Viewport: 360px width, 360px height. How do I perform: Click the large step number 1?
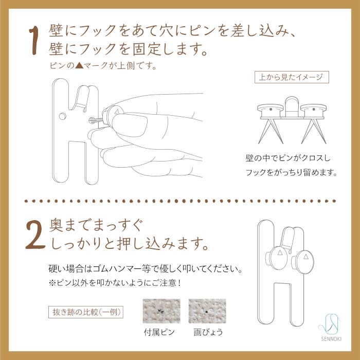point(34,41)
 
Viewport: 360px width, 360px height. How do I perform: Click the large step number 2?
point(35,236)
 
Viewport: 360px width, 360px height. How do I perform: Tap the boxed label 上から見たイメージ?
point(292,77)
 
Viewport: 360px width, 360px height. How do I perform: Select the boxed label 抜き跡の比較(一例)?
point(86,312)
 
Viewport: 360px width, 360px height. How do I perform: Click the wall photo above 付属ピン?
point(161,311)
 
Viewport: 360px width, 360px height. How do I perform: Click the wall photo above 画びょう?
point(207,311)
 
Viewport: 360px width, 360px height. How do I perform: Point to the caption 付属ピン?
point(159,332)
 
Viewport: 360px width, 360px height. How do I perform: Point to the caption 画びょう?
point(208,332)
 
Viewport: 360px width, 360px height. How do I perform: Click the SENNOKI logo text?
point(331,339)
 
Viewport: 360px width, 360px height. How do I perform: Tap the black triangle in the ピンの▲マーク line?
point(79,66)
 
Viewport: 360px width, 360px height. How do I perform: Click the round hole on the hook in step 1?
point(62,116)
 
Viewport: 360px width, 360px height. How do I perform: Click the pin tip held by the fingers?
point(91,120)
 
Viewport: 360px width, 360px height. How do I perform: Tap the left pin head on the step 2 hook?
point(278,258)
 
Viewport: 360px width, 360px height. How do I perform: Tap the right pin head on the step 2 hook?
point(304,261)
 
